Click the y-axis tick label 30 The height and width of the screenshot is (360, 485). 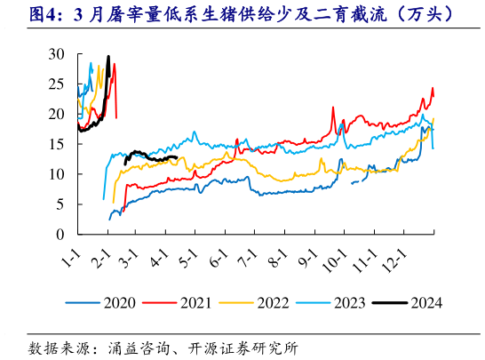pos(57,54)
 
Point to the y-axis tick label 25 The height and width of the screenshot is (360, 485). pos(57,84)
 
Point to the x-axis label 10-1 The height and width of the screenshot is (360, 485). pos(332,263)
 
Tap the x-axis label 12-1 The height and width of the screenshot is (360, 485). pos(391,263)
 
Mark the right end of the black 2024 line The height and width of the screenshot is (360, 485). pos(178,157)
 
